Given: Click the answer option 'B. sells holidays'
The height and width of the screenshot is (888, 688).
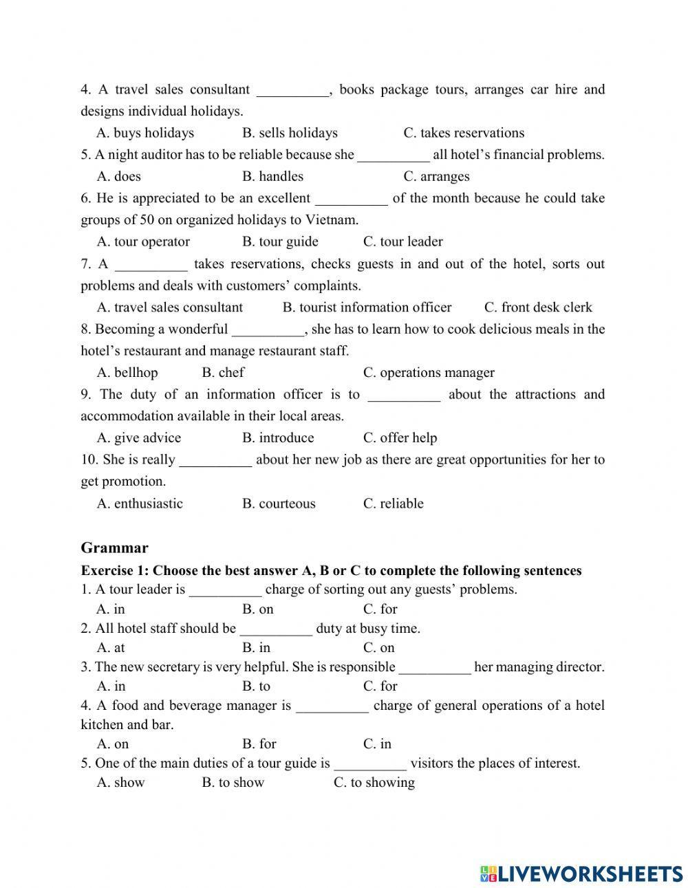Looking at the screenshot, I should [x=290, y=133].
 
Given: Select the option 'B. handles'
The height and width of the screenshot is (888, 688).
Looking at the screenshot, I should [x=272, y=176].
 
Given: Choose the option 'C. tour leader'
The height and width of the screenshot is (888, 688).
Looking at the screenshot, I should [x=402, y=241].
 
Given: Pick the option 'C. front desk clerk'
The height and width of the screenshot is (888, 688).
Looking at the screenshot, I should [x=538, y=307].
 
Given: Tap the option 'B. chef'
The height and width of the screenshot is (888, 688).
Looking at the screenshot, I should [x=223, y=373].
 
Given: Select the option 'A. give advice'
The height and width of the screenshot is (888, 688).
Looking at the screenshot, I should [x=139, y=438].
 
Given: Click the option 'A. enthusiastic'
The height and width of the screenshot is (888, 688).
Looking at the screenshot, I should [x=140, y=503].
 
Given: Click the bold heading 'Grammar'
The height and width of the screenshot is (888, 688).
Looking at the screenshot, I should [x=114, y=548].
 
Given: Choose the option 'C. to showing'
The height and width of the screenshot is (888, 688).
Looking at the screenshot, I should [x=374, y=783].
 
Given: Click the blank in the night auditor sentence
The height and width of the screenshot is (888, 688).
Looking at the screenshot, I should [x=394, y=155].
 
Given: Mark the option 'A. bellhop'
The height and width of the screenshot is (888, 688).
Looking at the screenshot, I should [x=127, y=373].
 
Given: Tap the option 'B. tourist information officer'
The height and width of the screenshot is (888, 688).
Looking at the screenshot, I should [x=367, y=307].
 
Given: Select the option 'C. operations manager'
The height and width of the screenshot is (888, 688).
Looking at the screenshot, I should [x=429, y=373].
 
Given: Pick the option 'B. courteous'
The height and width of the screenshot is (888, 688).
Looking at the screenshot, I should [x=279, y=503].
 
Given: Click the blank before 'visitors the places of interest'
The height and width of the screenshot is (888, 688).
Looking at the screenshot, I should [x=370, y=764].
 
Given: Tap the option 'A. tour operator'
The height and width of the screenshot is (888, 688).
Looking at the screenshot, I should [x=143, y=241].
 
